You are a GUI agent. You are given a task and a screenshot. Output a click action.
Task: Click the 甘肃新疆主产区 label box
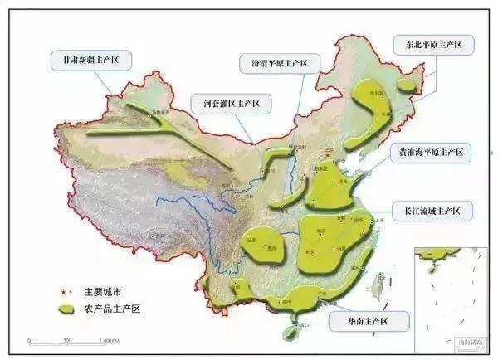click(x=90, y=61)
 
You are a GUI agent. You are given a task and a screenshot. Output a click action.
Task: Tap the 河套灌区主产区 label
click(x=226, y=104)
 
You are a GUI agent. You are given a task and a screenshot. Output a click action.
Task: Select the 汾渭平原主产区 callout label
click(x=273, y=63)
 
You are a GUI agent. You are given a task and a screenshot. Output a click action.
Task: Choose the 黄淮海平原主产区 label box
click(x=430, y=153)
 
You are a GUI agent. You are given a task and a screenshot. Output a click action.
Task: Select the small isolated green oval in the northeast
click(x=406, y=85)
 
